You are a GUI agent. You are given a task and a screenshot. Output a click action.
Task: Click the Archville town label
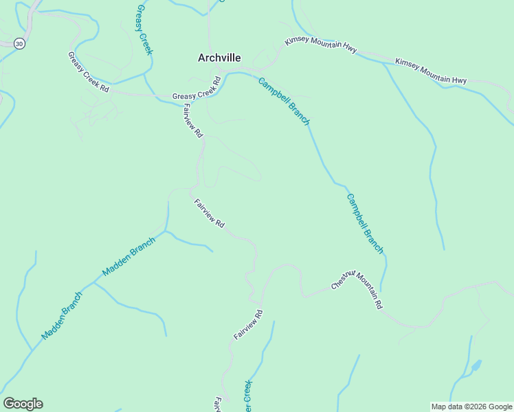pos(219,58)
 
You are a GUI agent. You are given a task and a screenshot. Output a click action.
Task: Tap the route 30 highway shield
pos(19,43)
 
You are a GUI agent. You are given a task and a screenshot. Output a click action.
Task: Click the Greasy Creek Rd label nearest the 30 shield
pos(88,72)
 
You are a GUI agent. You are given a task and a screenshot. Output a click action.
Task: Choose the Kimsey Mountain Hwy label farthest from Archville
pos(431,71)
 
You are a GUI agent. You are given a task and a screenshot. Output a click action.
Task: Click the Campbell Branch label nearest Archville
pos(284,102)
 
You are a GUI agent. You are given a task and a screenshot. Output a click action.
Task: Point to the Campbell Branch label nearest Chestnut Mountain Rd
pos(365,224)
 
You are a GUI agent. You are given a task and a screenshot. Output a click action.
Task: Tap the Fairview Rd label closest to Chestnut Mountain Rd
pos(248,324)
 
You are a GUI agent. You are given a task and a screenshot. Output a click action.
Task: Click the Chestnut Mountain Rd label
pos(356,289)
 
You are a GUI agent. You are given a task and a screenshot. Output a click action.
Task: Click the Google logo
pos(23,403)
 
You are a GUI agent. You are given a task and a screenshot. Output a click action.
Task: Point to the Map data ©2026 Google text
pos(471,407)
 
